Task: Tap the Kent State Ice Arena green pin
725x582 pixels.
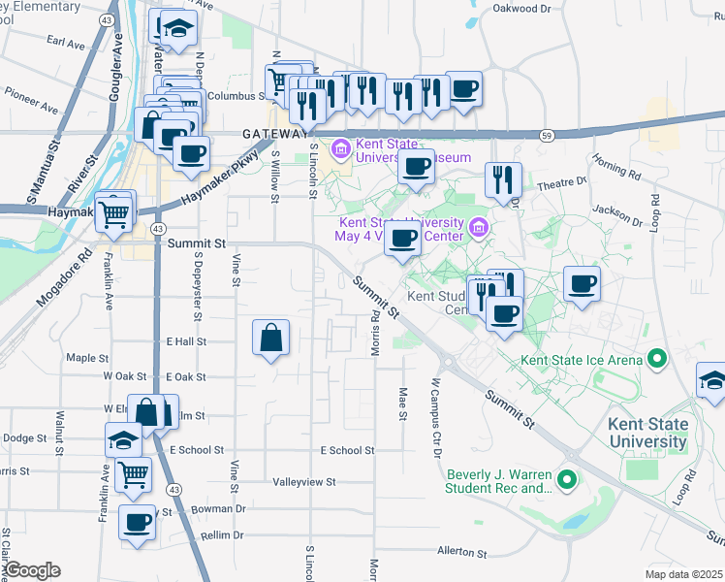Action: pyautogui.click(x=657, y=360)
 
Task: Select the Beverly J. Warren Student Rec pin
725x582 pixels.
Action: pyautogui.click(x=567, y=480)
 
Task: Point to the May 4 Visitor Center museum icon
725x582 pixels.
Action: pyautogui.click(x=477, y=228)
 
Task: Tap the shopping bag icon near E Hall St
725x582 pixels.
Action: pyautogui.click(x=271, y=339)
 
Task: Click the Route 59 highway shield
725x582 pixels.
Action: pyautogui.click(x=548, y=135)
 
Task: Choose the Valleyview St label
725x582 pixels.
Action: pyautogui.click(x=303, y=481)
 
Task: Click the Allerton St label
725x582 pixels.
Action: pyautogui.click(x=461, y=552)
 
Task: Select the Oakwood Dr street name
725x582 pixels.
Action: pyautogui.click(x=521, y=9)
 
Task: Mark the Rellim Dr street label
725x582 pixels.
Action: pyautogui.click(x=223, y=535)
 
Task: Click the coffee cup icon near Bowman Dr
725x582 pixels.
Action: pyautogui.click(x=137, y=524)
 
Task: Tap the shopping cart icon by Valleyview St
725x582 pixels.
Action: pyautogui.click(x=133, y=474)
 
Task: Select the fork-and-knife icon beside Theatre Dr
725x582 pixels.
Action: pyautogui.click(x=503, y=179)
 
